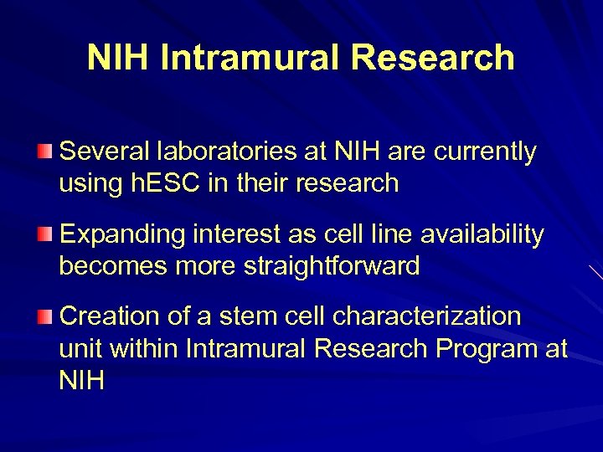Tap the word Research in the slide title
[433, 58]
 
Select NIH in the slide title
[118, 58]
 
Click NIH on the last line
[81, 380]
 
